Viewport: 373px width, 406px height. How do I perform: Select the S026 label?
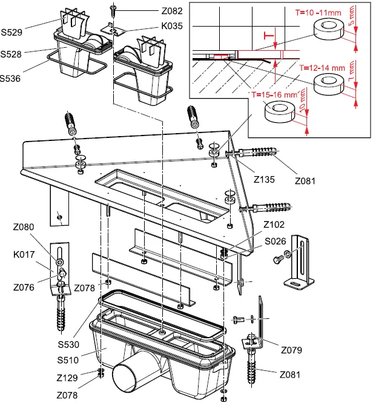point(276,240)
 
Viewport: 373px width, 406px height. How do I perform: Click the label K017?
point(24,255)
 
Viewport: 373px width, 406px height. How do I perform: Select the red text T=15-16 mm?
point(274,95)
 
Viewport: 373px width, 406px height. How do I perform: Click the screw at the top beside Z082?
point(113,11)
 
